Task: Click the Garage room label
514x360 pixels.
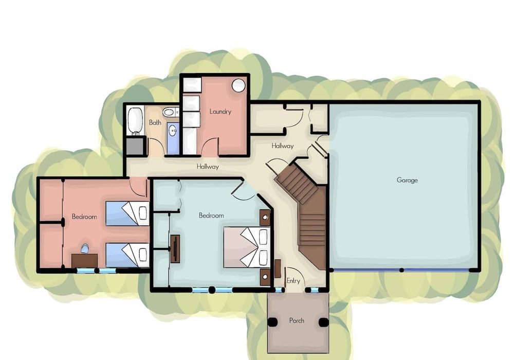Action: click(x=407, y=180)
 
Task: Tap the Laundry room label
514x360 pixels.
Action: click(x=221, y=112)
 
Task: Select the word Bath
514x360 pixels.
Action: click(x=155, y=122)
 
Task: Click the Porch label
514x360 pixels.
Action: click(x=297, y=320)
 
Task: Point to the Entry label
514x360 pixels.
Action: click(x=293, y=281)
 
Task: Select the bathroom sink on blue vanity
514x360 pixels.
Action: click(x=172, y=131)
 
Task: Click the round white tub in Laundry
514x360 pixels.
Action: click(x=238, y=85)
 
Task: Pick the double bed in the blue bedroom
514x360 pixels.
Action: click(x=247, y=247)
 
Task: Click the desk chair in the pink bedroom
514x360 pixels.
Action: click(x=85, y=249)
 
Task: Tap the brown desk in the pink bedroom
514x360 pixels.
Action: click(x=85, y=261)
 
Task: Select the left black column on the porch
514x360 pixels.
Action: click(x=273, y=322)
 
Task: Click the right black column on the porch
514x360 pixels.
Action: click(x=323, y=322)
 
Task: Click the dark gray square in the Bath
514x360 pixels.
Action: click(x=135, y=146)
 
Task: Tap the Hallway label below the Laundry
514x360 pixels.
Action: click(x=208, y=167)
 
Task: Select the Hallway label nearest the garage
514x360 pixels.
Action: click(x=283, y=146)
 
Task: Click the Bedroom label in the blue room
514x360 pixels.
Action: click(x=211, y=215)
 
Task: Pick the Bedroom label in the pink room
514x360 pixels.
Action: click(x=84, y=217)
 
